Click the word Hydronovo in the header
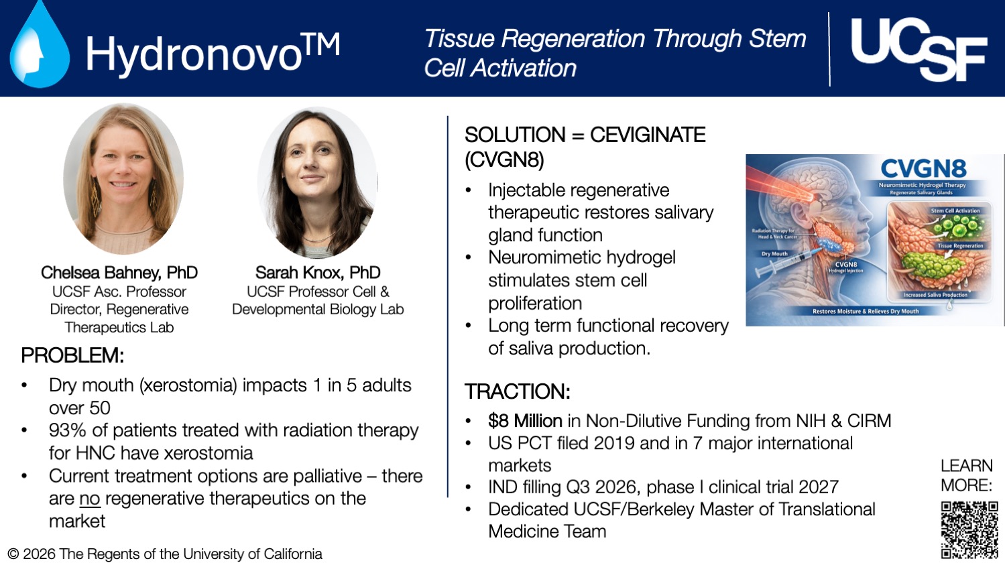click(194, 54)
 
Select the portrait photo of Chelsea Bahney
click(123, 178)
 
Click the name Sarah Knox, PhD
click(317, 273)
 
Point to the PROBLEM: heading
click(72, 355)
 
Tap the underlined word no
click(89, 499)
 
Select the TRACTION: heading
click(517, 391)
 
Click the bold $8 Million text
click(525, 421)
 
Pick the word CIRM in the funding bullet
click(869, 421)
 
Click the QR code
click(969, 529)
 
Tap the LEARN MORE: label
click(966, 475)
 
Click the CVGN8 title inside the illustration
click(923, 169)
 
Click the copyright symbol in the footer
click(13, 554)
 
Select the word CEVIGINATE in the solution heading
click(647, 135)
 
